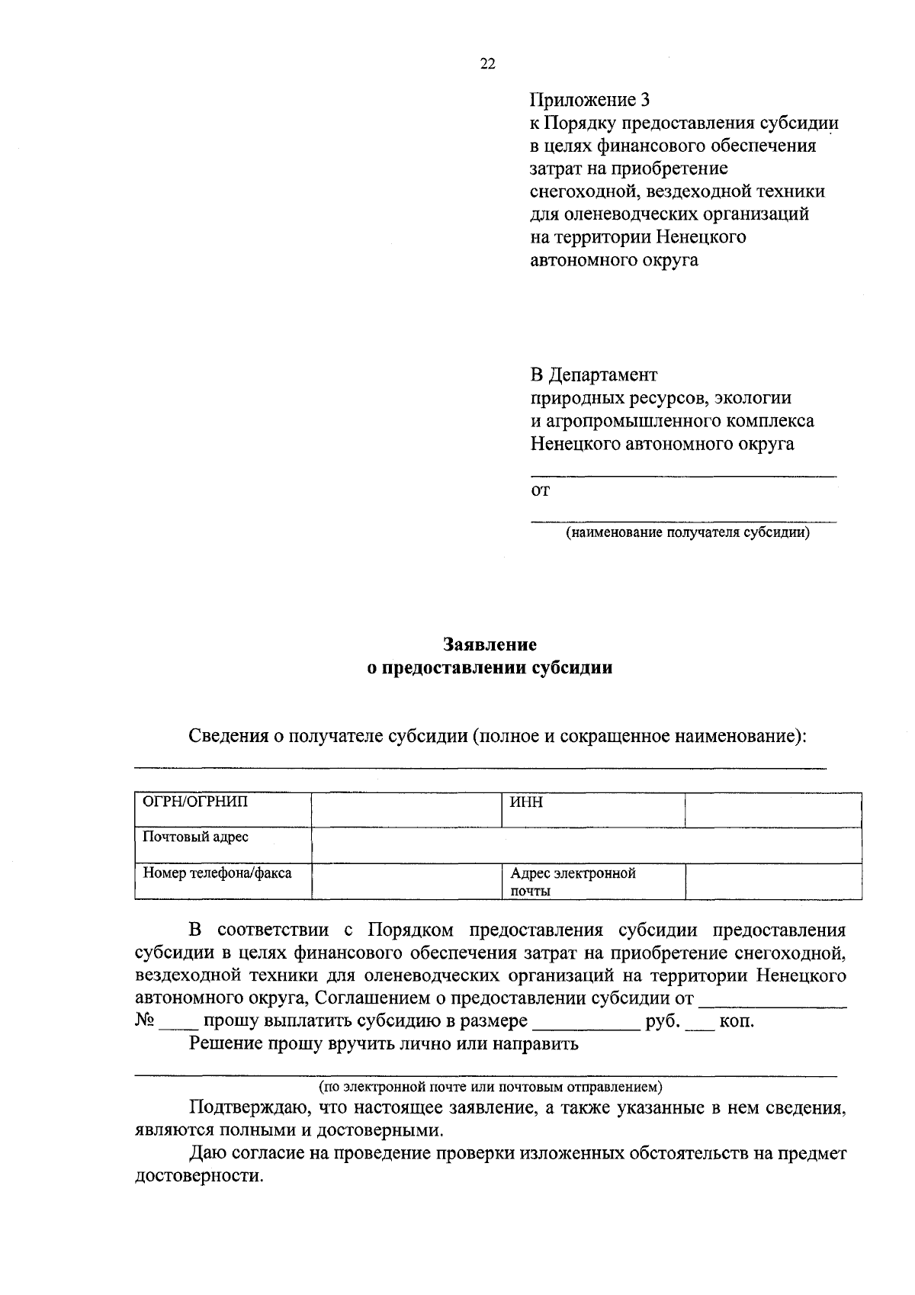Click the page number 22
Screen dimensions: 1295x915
487,65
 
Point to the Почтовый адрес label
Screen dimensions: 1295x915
196,837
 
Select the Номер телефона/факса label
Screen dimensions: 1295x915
217,873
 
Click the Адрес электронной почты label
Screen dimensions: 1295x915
573,882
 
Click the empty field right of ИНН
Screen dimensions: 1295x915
773,810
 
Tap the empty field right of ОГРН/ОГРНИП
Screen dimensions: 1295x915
406,810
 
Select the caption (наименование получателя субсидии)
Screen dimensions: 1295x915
687,532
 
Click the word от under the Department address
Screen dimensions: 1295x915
540,491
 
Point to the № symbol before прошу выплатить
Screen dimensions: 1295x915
145,1021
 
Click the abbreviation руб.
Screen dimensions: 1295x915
663,1021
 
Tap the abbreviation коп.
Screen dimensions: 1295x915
737,1021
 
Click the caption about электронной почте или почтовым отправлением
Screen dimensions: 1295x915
491,1085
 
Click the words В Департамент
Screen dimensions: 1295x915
593,375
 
